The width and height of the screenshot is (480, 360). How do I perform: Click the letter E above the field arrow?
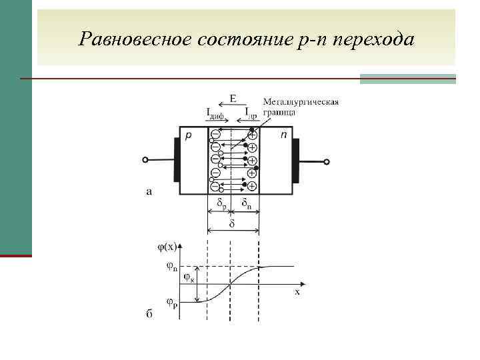pyautogui.click(x=232, y=99)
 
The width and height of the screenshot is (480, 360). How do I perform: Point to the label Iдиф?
pyautogui.click(x=215, y=113)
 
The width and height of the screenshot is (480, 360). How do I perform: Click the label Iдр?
pyautogui.click(x=251, y=113)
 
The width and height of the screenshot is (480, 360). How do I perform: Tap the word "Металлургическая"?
pyautogui.click(x=301, y=102)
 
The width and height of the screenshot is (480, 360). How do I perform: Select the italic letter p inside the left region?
pyautogui.click(x=189, y=135)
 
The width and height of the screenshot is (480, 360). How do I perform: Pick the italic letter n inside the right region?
pyautogui.click(x=285, y=135)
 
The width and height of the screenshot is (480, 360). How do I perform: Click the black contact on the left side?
pyautogui.click(x=176, y=160)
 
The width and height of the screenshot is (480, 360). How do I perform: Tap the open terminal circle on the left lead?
pyautogui.click(x=145, y=160)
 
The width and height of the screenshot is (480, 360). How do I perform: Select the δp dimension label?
pyautogui.click(x=220, y=203)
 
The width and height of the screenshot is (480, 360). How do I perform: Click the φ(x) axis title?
pyautogui.click(x=167, y=246)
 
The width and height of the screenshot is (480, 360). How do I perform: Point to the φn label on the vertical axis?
pyautogui.click(x=171, y=267)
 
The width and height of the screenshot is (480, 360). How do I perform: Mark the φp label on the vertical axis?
pyautogui.click(x=171, y=305)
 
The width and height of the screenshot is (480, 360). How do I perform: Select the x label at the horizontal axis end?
pyautogui.click(x=297, y=291)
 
